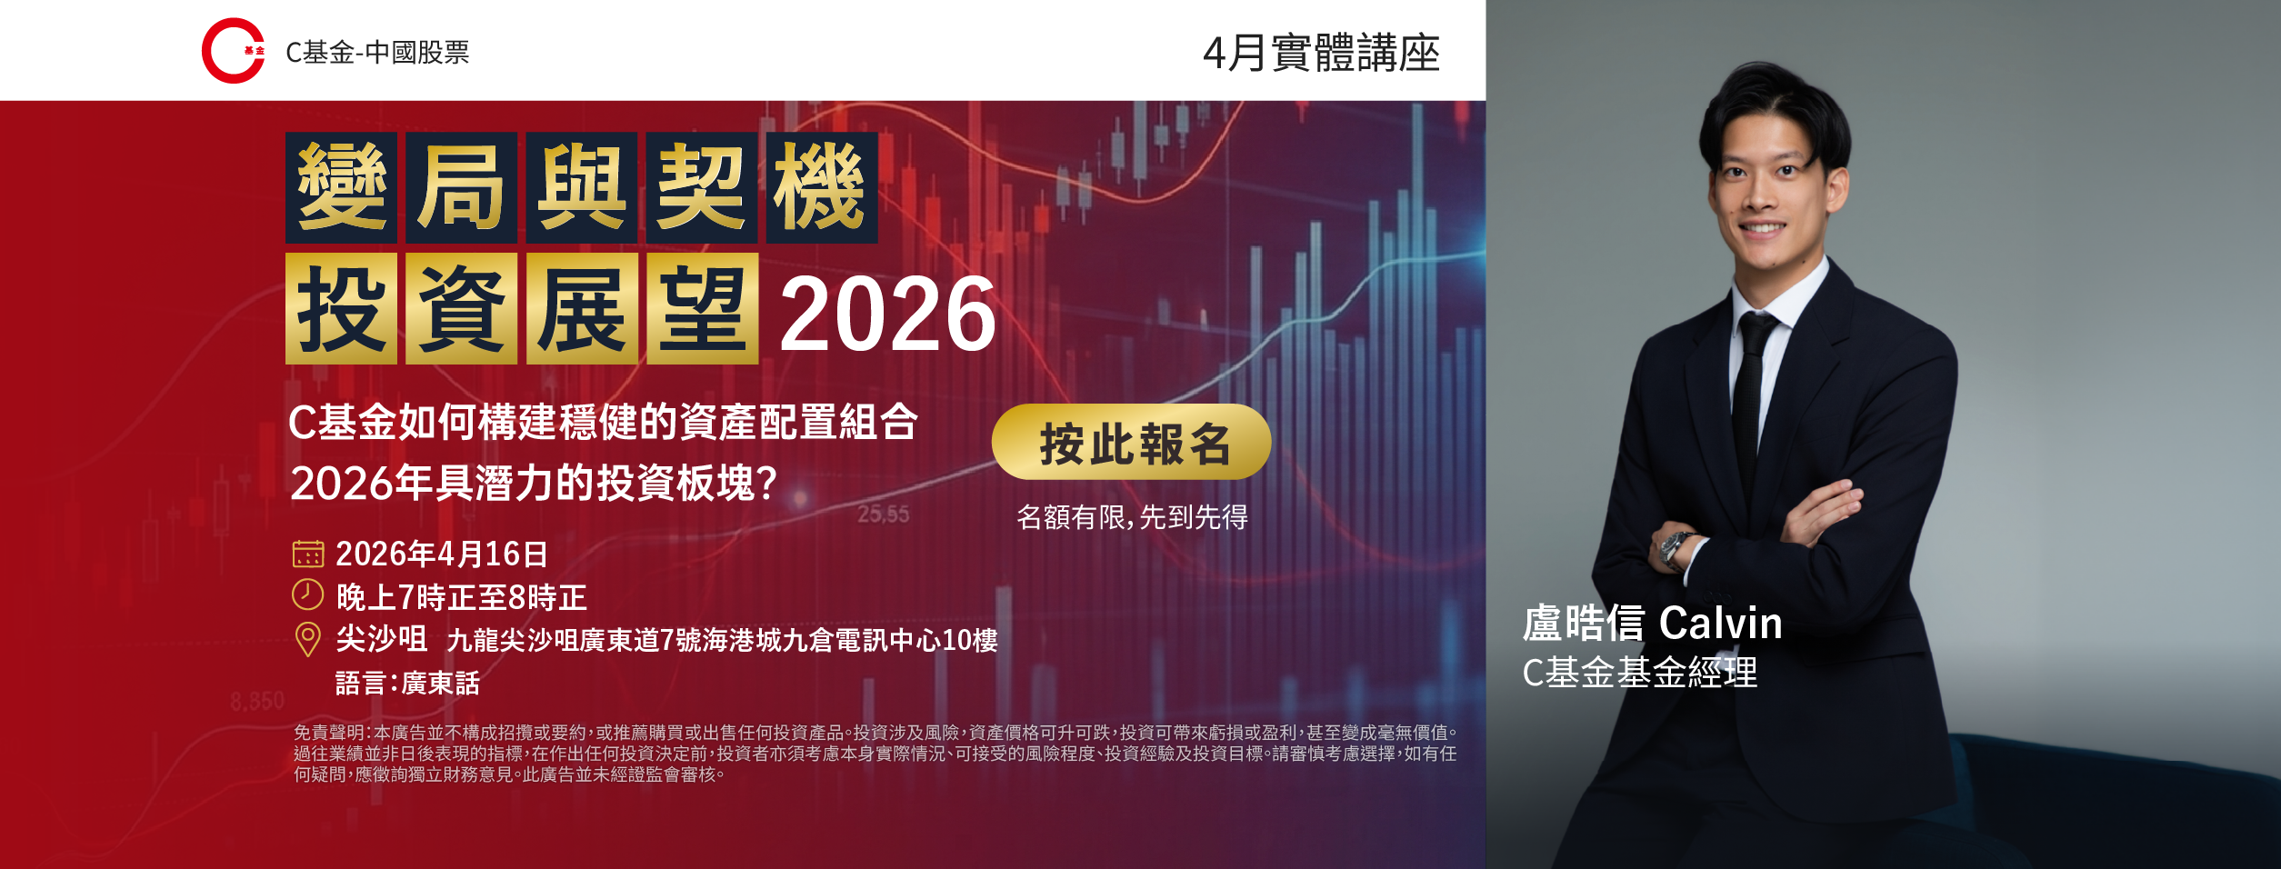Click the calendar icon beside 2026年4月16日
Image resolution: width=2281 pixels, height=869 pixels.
tap(307, 554)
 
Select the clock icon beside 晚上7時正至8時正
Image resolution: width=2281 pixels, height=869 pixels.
tap(307, 594)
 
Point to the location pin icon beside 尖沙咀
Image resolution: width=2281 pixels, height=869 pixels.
tap(308, 639)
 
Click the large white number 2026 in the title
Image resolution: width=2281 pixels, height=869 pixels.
tap(887, 315)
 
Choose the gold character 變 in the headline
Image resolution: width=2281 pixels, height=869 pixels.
tap(342, 187)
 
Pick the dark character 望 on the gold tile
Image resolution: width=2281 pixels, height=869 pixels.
tap(702, 308)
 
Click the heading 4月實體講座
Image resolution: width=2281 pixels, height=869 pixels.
tap(1321, 53)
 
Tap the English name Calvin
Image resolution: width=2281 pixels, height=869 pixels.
tap(1720, 624)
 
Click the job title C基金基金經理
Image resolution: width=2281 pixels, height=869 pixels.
tap(1640, 673)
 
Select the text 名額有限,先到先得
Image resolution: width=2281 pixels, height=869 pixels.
tap(1132, 517)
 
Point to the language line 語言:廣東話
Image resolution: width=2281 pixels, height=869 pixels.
tap(407, 683)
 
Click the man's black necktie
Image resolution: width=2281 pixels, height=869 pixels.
tap(1750, 400)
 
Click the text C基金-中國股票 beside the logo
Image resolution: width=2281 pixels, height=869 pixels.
tap(377, 53)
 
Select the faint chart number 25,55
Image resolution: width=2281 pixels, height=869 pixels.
tap(883, 514)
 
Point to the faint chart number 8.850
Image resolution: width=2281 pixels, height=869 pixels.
tap(257, 701)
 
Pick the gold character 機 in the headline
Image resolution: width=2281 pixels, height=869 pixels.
tap(821, 187)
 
